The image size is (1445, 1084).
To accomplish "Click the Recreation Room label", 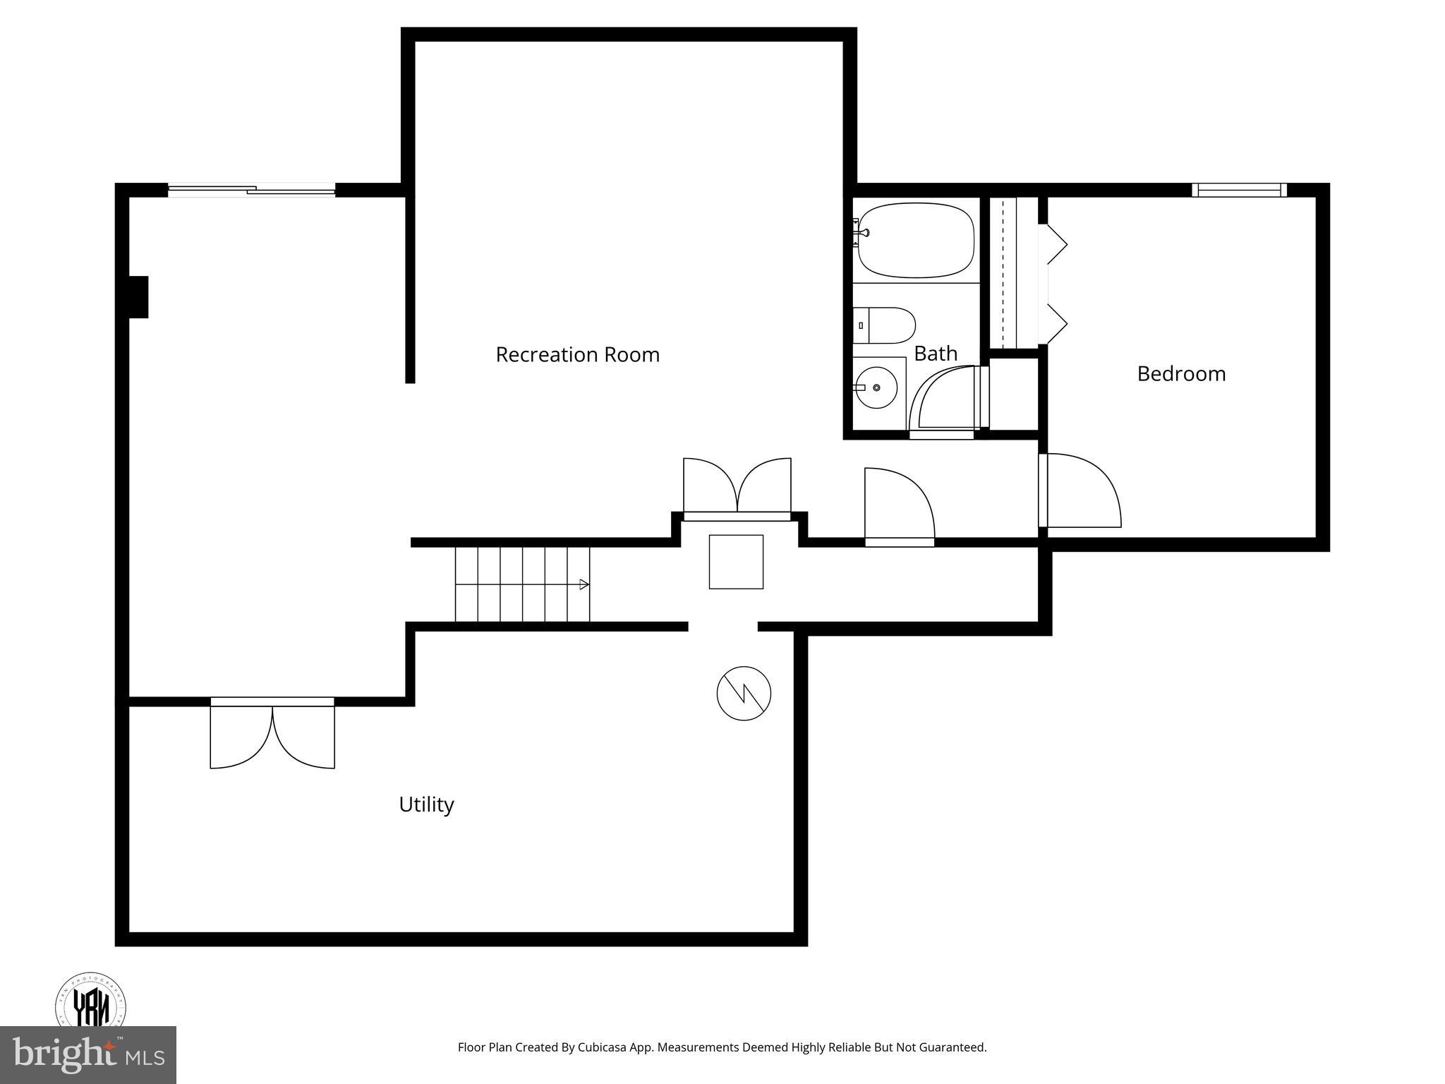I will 577,354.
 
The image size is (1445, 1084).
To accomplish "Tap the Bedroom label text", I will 1181,373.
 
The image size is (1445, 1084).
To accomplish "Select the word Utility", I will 426,805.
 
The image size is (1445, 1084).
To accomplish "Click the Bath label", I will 936,353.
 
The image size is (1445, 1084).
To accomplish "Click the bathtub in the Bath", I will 916,241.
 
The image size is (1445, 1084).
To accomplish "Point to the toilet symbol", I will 885,325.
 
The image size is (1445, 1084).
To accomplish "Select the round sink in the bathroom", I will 876,388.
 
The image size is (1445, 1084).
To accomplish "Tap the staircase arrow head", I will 584,584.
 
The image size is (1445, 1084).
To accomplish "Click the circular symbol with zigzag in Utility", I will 744,693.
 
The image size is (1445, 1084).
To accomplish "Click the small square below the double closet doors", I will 736,562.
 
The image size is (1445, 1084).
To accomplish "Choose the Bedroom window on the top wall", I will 1239,190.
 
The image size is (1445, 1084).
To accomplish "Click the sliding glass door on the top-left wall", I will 251,190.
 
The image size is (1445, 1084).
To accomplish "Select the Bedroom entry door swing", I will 1080,490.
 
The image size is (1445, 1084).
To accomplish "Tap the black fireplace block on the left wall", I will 138,297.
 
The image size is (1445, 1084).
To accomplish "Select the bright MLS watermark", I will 88,1055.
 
